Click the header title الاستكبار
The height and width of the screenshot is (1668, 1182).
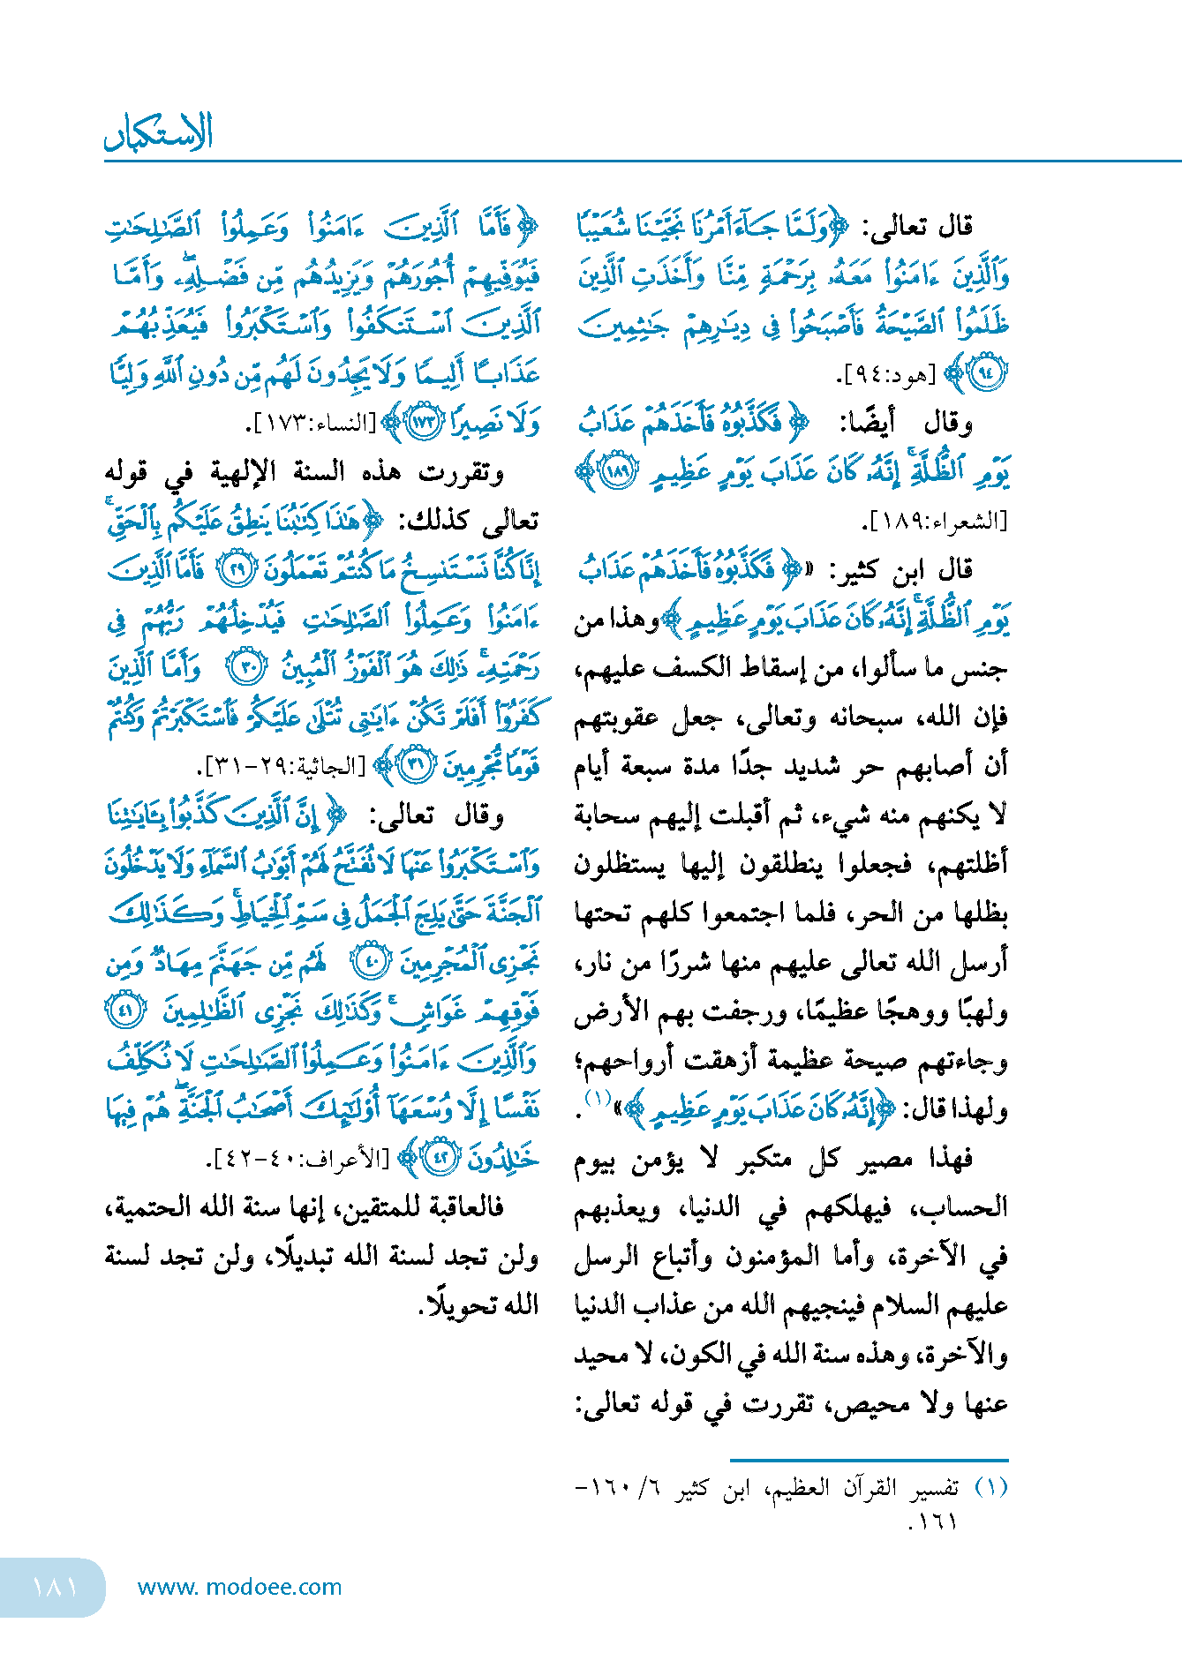tap(159, 133)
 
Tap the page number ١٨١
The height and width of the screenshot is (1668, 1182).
tap(55, 1587)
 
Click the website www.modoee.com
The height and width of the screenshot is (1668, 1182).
tap(239, 1587)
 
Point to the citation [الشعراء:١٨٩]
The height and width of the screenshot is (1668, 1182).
tap(935, 522)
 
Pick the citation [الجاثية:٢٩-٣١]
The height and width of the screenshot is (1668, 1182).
tap(284, 766)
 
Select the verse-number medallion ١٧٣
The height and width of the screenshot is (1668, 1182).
tap(424, 422)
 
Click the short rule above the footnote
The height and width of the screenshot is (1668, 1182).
tap(869, 1461)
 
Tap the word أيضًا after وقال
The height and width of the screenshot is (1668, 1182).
tap(867, 424)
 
